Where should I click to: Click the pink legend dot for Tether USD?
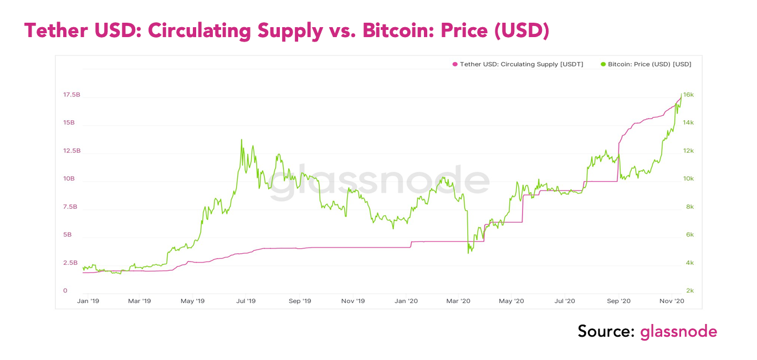click(455, 64)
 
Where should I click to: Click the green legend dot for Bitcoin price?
click(603, 64)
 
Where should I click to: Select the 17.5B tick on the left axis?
click(71, 95)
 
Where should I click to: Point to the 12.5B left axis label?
click(71, 151)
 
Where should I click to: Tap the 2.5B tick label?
click(70, 263)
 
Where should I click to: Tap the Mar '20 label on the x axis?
click(458, 301)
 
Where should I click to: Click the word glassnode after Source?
click(678, 332)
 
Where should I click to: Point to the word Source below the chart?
click(606, 332)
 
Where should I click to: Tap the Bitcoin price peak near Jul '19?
click(242, 140)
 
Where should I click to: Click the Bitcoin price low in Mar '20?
click(469, 253)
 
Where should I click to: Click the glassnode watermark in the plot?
click(380, 182)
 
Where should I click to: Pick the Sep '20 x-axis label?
click(619, 301)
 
